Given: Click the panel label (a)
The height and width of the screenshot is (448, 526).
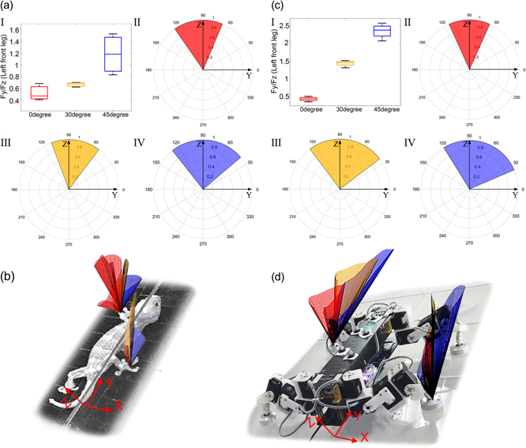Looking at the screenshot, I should pos(10,7).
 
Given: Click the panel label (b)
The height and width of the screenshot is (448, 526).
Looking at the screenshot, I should pos(9,277).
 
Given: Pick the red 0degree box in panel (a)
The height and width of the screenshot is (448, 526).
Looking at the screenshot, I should pos(39,92).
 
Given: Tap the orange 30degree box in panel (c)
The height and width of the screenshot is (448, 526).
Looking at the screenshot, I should pos(344,63).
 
